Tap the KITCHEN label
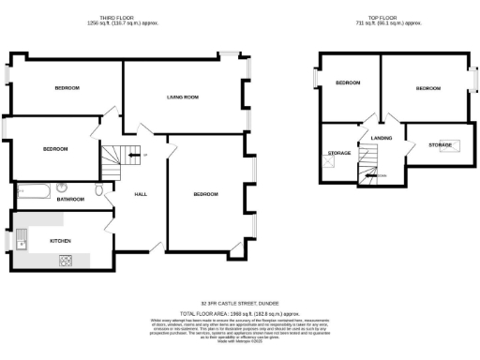(35, 241)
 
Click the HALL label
(141, 194)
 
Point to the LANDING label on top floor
(382, 138)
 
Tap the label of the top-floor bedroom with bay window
(428, 88)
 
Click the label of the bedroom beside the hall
(205, 194)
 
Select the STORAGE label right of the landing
(440, 145)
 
